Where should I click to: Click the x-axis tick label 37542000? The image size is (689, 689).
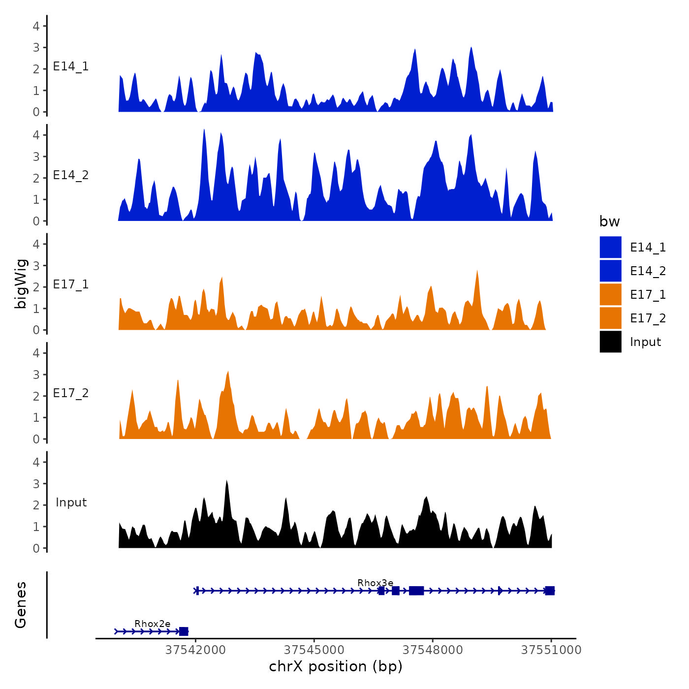pos(195,650)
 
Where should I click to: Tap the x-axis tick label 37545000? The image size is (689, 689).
pos(314,650)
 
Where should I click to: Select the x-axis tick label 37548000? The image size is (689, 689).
pos(433,650)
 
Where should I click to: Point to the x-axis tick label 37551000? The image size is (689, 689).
pos(551,650)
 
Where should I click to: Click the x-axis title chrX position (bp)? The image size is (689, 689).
pos(336,667)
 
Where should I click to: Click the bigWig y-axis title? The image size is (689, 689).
pos(21,283)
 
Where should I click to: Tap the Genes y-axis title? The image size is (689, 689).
pos(21,605)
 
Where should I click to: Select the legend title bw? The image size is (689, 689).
pos(609,222)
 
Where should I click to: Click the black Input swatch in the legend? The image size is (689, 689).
pos(610,342)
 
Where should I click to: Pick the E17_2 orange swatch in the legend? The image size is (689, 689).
pos(610,318)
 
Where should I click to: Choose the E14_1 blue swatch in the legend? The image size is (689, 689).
pos(610,247)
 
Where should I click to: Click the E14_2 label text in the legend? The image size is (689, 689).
pos(648,271)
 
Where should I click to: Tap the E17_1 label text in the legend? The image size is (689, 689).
pos(648,295)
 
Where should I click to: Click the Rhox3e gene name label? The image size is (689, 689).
pos(375,583)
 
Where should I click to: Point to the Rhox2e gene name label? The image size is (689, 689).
pos(152,624)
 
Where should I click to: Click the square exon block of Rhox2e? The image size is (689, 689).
pos(184,631)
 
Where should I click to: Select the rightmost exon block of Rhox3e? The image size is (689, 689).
pos(550,591)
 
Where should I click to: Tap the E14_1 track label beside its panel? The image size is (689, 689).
pos(71,66)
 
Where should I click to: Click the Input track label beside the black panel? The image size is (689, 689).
pos(71,502)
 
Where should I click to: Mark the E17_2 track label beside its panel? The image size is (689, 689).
pos(71,393)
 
